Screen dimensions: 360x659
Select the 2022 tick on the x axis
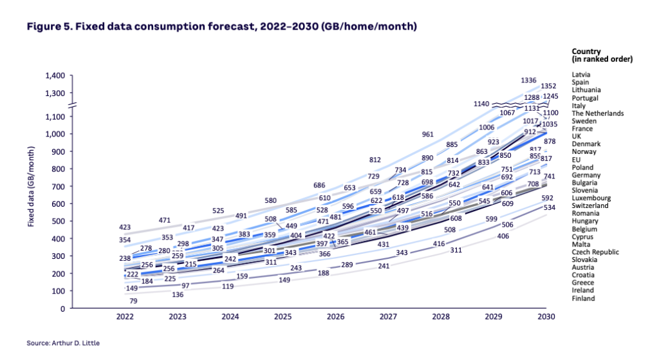125,317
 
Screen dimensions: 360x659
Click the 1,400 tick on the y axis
55,76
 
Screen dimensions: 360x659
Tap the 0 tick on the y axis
63,308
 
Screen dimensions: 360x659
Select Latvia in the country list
581,75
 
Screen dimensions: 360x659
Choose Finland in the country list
583,298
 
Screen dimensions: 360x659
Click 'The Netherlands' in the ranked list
597,113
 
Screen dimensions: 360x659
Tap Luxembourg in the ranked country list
591,198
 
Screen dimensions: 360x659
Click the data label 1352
548,86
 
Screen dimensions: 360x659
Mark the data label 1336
528,80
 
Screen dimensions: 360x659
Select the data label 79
134,301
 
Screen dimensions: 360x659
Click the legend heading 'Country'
586,52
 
